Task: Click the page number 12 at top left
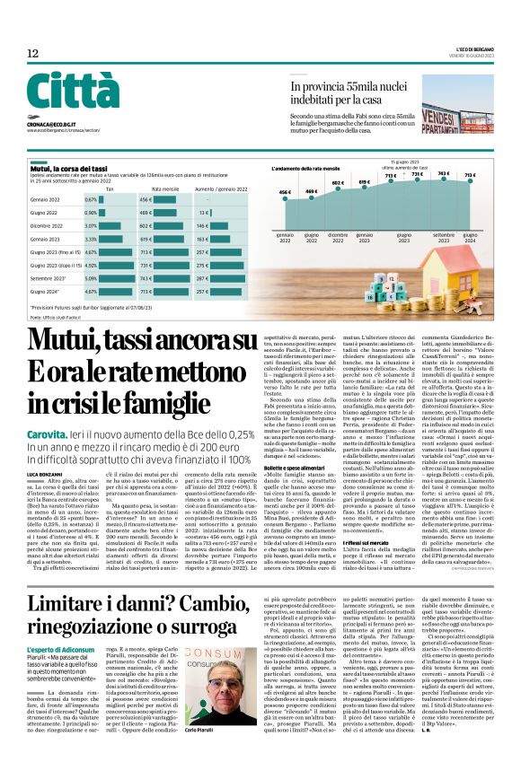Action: (32, 54)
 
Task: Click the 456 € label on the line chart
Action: (285, 193)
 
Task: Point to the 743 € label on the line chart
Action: (443, 173)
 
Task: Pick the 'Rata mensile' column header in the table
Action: (165, 189)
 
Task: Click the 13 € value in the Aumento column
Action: (203, 213)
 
